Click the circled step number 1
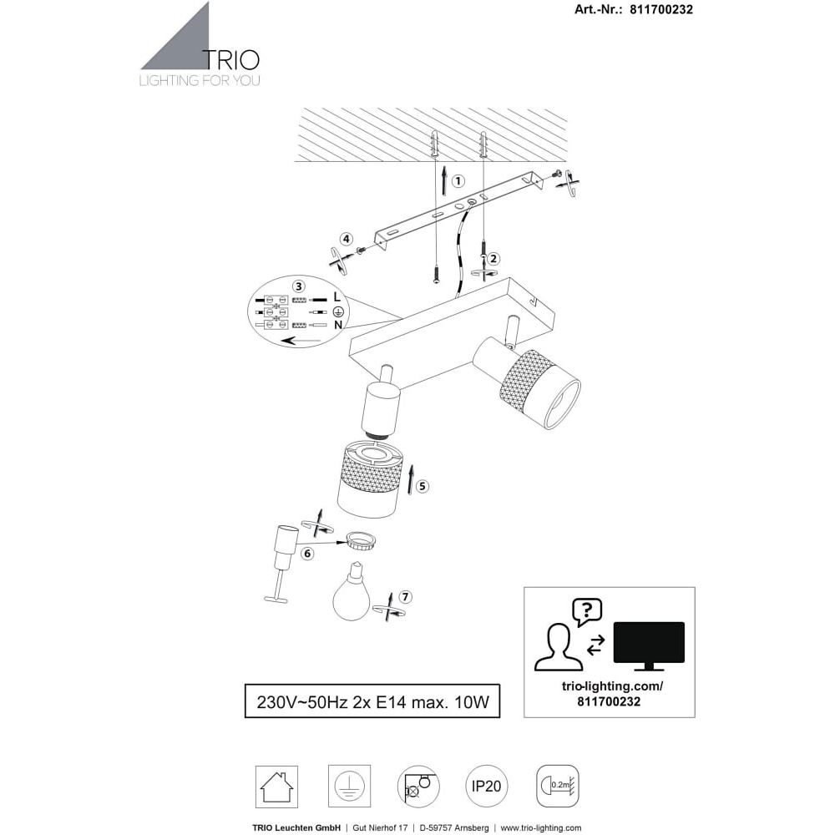coord(458,181)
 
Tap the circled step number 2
coord(493,259)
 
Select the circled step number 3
coord(299,286)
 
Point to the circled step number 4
coord(347,239)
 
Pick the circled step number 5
coord(423,486)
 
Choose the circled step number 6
coord(307,554)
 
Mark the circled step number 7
coord(405,597)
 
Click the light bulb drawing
coord(352,592)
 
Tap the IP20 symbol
coord(487,786)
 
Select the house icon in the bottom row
coord(276,787)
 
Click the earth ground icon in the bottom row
coord(349,787)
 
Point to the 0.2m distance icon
coord(558,786)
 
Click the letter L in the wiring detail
coord(337,296)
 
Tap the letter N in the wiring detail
coord(338,324)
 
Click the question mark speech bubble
coord(587,612)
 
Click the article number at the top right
coord(634,9)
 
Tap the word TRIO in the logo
coord(232,60)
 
